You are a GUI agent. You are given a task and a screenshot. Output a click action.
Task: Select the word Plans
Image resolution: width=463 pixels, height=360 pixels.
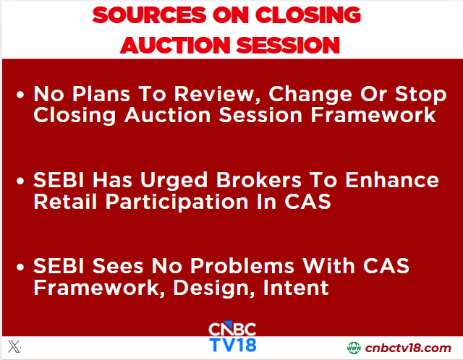click(101, 94)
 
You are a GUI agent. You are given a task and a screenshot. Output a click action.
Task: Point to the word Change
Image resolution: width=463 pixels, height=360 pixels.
click(310, 95)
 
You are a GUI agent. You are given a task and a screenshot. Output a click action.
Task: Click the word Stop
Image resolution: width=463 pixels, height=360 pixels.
click(420, 95)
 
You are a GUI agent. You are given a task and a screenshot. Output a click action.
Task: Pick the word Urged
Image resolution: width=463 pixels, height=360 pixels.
click(174, 181)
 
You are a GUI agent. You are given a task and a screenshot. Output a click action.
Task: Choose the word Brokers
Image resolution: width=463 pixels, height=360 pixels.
click(259, 180)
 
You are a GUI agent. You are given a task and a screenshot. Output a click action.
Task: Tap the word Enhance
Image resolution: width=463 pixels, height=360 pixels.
click(392, 180)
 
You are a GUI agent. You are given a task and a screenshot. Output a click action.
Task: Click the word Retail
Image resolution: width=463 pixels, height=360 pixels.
click(65, 202)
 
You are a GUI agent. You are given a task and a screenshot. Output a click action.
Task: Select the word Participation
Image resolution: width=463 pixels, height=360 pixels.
click(177, 203)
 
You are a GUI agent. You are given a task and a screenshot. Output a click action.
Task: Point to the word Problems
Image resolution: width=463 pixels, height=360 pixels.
click(242, 266)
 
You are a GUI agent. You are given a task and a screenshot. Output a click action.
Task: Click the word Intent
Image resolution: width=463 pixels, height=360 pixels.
click(296, 288)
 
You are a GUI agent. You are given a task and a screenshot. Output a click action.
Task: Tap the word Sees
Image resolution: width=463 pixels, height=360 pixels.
click(118, 266)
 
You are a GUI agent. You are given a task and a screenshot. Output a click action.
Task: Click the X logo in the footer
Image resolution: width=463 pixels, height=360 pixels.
click(14, 346)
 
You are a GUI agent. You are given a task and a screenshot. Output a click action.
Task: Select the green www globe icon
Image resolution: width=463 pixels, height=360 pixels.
click(354, 348)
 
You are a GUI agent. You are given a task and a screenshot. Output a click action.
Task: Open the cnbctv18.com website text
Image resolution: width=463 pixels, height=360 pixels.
click(408, 348)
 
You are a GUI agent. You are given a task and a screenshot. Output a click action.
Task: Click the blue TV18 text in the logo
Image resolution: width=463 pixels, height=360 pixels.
click(233, 345)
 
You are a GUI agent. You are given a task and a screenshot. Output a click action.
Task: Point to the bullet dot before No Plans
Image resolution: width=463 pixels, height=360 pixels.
click(20, 95)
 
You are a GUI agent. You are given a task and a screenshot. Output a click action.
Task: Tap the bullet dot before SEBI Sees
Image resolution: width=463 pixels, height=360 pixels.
click(20, 267)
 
